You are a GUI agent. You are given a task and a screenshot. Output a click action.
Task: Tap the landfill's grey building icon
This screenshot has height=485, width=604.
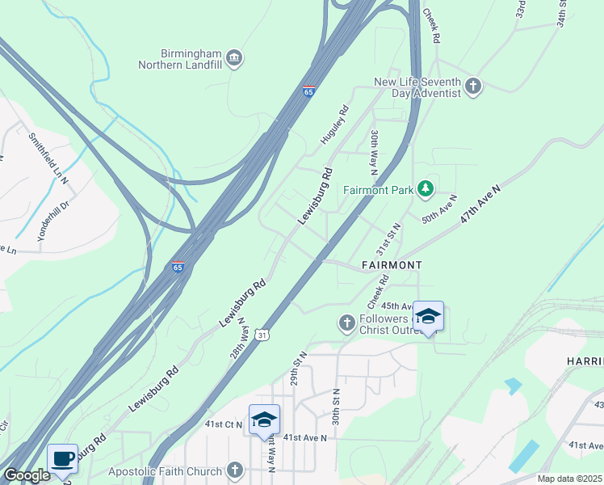(x=234, y=57)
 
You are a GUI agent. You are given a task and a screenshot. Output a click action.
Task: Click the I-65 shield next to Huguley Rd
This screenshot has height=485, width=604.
(x=308, y=91)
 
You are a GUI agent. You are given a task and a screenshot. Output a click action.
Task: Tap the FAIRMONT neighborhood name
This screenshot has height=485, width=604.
(x=392, y=264)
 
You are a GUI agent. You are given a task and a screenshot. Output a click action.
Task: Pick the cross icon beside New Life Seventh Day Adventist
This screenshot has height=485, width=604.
(x=473, y=86)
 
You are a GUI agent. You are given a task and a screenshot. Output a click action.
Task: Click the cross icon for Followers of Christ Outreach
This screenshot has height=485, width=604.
(x=347, y=323)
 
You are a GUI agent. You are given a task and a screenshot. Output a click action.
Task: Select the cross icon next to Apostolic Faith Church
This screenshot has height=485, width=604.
(x=235, y=470)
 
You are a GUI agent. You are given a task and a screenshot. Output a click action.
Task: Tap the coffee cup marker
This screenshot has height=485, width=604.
(x=63, y=459)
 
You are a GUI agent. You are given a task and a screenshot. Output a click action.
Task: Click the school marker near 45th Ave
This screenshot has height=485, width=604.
(x=428, y=317)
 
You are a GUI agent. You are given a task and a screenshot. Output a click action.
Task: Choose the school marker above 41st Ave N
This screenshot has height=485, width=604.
(x=264, y=420)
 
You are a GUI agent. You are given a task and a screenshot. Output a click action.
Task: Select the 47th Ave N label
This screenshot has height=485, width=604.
(x=481, y=205)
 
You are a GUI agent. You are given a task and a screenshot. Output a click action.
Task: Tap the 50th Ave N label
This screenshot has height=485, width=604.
(x=439, y=209)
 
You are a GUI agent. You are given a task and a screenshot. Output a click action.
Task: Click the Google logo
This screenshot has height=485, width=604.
(x=27, y=475)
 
